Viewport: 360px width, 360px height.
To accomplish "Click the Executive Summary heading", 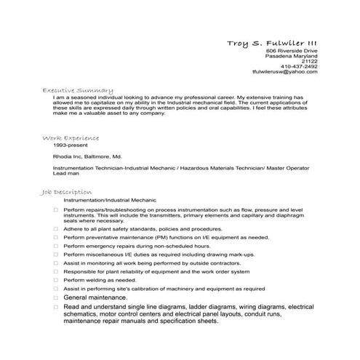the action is pyautogui.click(x=78, y=89).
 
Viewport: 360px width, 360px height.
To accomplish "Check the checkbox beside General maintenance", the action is pyautogui.click(x=55, y=297).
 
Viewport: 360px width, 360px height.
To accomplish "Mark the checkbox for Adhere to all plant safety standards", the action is pyautogui.click(x=55, y=228).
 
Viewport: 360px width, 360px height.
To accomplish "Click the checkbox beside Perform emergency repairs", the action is pyautogui.click(x=55, y=246).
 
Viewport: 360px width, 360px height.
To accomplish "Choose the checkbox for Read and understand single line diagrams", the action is pyautogui.click(x=55, y=307).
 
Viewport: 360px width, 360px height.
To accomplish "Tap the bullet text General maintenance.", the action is pyautogui.click(x=95, y=297).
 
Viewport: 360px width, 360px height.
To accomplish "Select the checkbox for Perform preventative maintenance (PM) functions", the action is pyautogui.click(x=55, y=237).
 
